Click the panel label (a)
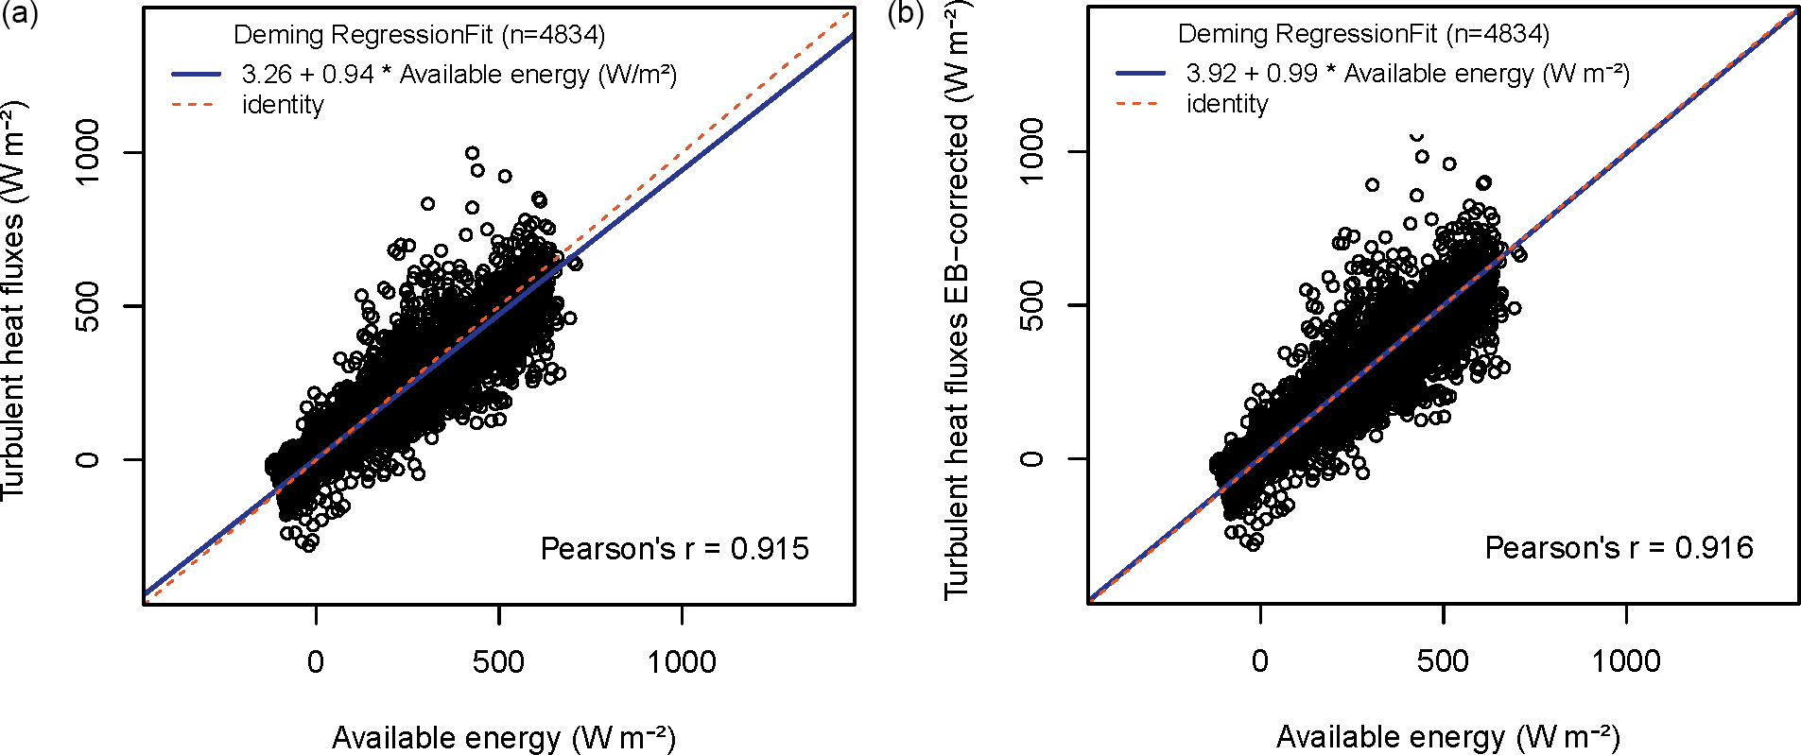coord(19,14)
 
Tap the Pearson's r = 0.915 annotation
coord(674,549)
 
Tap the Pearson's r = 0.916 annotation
coord(1619,548)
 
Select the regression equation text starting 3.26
coord(459,74)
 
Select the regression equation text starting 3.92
coord(1408,73)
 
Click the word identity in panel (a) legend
coord(283,105)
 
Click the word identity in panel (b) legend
coord(1227,104)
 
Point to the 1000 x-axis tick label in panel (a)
coord(682,661)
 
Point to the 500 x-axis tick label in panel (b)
coord(1443,661)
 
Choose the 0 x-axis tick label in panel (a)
coord(316,661)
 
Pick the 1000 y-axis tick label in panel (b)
coord(1032,151)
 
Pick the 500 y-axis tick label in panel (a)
coord(88,305)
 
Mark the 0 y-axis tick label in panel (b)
coord(1032,458)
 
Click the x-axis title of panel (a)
coord(504,737)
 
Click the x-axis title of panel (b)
coord(1448,736)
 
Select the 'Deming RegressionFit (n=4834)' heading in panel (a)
coord(419,35)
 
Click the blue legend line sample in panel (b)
coord(1140,73)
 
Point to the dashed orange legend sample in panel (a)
coord(196,105)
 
